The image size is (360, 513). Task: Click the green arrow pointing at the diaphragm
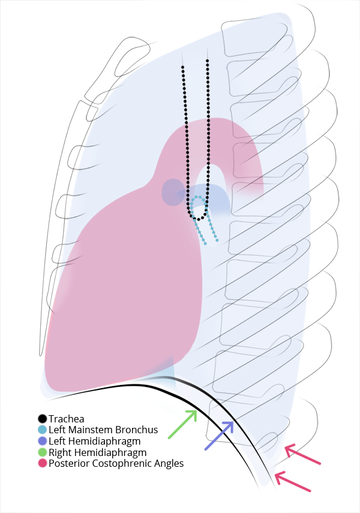(182, 424)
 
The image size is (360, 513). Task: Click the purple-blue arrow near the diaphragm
(219, 436)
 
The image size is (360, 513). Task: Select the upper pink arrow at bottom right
(302, 455)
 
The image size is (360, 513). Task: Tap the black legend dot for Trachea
(42, 419)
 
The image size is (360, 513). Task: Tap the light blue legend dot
(42, 430)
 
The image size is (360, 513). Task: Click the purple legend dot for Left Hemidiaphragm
(42, 441)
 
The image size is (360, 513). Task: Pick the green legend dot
(42, 452)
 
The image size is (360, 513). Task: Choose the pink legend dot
(42, 463)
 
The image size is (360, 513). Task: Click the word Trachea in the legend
(66, 419)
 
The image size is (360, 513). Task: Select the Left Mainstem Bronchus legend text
(103, 430)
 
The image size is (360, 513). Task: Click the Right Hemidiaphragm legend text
(97, 452)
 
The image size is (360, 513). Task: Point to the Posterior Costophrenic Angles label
(116, 463)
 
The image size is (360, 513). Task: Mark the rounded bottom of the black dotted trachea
(199, 219)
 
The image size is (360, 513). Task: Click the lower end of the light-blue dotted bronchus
(217, 241)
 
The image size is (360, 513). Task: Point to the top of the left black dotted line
(183, 67)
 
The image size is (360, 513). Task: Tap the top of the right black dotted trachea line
(207, 60)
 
